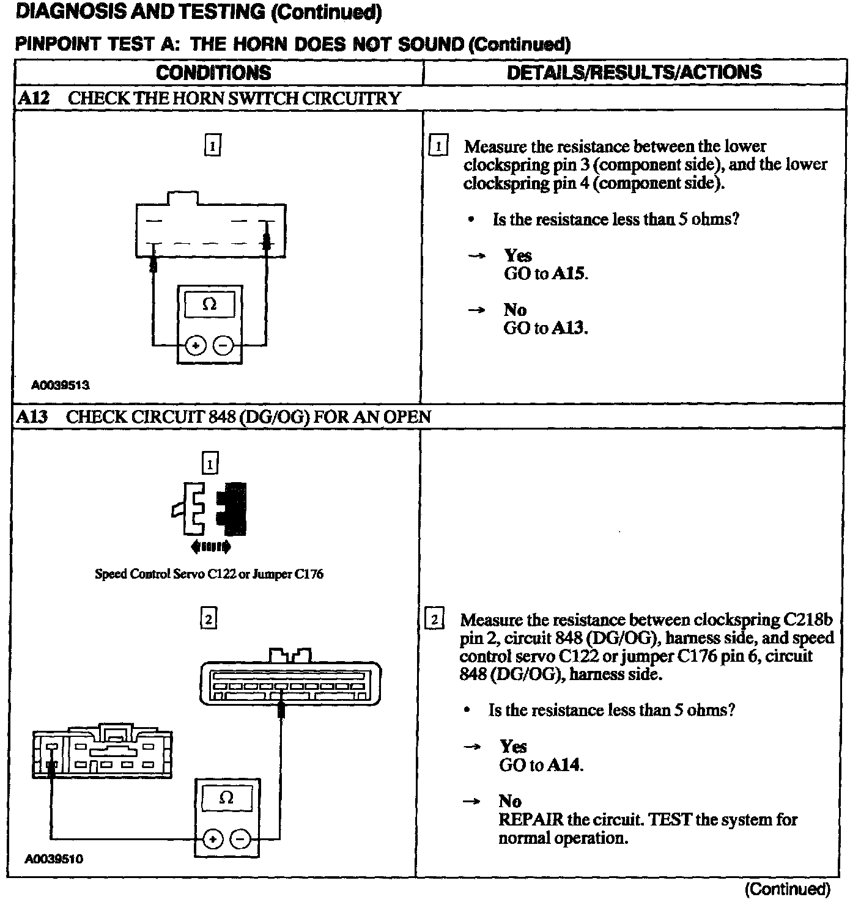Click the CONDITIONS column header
point(213,73)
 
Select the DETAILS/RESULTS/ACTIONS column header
point(634,72)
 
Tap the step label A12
point(33,98)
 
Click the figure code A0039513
point(61,385)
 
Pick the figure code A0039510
point(54,859)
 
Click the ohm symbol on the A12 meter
point(209,304)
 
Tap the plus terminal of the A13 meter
point(212,840)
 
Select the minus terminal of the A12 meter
point(224,346)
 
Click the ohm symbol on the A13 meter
point(226,797)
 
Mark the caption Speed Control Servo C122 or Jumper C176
point(209,574)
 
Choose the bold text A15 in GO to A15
point(569,274)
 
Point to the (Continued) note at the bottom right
point(788,889)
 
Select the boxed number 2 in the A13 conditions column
point(209,620)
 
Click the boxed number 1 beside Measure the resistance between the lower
point(438,147)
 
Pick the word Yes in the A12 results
point(517,255)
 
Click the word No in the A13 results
point(510,801)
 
